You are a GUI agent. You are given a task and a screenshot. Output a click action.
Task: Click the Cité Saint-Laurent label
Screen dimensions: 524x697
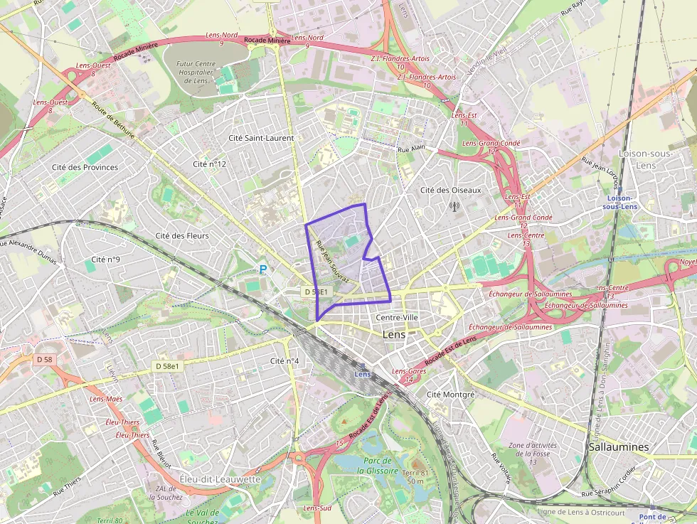pyautogui.click(x=260, y=138)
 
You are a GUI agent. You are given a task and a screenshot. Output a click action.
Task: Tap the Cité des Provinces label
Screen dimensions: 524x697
pyautogui.click(x=85, y=167)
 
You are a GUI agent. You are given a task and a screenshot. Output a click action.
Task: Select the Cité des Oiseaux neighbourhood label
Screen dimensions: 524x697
pyautogui.click(x=450, y=190)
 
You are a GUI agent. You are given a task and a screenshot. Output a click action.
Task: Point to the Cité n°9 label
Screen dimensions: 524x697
pyautogui.click(x=106, y=260)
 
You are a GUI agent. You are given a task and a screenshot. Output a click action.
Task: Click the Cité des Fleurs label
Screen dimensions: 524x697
pyautogui.click(x=181, y=235)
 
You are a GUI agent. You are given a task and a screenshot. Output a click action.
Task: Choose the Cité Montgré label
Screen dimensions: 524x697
pyautogui.click(x=449, y=394)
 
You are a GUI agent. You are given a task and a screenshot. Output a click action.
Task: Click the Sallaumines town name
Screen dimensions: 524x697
pyautogui.click(x=619, y=447)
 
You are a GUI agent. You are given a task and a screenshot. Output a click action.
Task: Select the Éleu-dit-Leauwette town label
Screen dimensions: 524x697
pyautogui.click(x=220, y=478)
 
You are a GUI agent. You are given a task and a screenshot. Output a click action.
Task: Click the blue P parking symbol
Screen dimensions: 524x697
pyautogui.click(x=263, y=269)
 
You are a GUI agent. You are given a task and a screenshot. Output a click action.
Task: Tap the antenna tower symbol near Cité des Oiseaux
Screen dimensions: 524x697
pyautogui.click(x=454, y=207)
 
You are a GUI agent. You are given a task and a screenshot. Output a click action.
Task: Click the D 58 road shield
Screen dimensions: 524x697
pyautogui.click(x=44, y=360)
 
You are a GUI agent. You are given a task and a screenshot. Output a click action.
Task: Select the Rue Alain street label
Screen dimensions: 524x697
pyautogui.click(x=411, y=149)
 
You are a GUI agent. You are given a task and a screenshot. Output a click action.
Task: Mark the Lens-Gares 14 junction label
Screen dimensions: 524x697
pyautogui.click(x=408, y=375)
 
